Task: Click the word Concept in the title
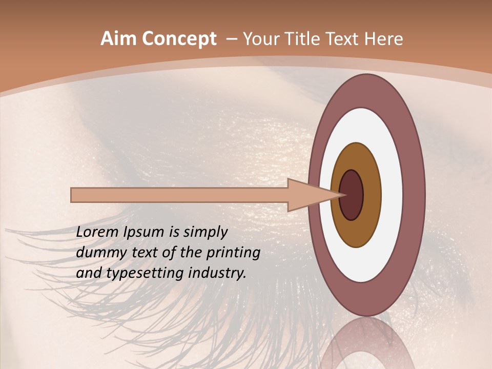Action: [x=179, y=39]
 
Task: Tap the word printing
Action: [x=233, y=253]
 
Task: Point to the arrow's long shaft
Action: [x=179, y=195]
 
